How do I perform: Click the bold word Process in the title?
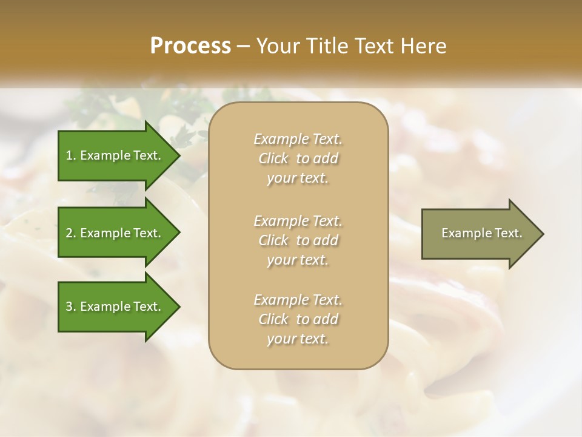pyautogui.click(x=190, y=46)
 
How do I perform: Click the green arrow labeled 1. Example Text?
pyautogui.click(x=115, y=155)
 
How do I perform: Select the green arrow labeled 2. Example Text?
pyautogui.click(x=115, y=233)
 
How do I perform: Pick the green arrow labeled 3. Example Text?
pyautogui.click(x=115, y=307)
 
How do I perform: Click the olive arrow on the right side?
pyautogui.click(x=479, y=234)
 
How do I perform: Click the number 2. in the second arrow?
pyautogui.click(x=71, y=233)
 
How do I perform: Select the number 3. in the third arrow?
pyautogui.click(x=71, y=307)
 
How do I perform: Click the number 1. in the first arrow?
pyautogui.click(x=70, y=155)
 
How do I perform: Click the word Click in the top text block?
pyautogui.click(x=273, y=159)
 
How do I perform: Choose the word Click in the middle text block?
pyautogui.click(x=273, y=240)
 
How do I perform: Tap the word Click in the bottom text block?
pyautogui.click(x=273, y=319)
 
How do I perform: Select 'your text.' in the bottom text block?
pyautogui.click(x=298, y=339)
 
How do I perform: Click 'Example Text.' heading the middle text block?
pyautogui.click(x=298, y=220)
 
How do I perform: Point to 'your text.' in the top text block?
pyautogui.click(x=298, y=178)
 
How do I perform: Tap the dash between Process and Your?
pyautogui.click(x=244, y=46)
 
